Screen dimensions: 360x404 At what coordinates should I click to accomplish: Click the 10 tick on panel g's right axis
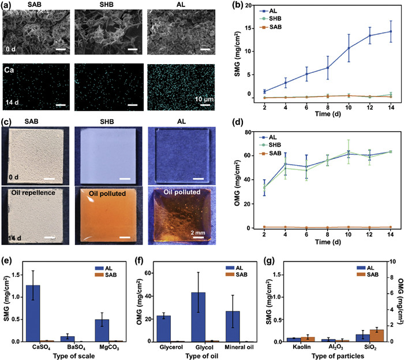(x=388, y=260)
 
